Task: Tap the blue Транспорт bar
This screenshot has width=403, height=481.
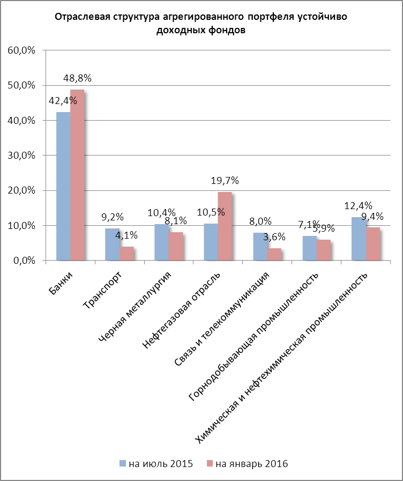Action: coord(112,245)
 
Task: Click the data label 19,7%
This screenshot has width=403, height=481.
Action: coord(225,181)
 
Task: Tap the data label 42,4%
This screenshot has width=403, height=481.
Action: coord(63,101)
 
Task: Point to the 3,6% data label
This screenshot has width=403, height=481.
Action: coord(274,236)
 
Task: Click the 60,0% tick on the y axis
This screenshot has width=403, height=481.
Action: coord(21,50)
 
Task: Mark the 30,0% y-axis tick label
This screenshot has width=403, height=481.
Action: coord(21,156)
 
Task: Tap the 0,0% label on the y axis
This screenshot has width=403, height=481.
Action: coord(24,261)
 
